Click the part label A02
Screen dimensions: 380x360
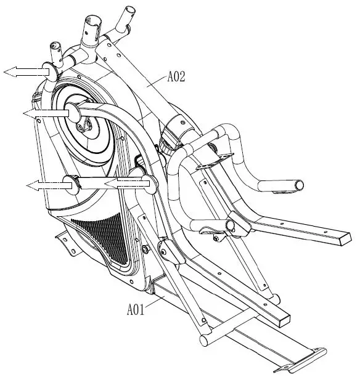[x=177, y=77]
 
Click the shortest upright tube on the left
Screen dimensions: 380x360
[x=55, y=49]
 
